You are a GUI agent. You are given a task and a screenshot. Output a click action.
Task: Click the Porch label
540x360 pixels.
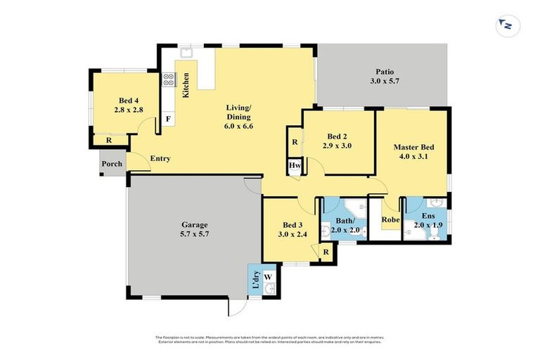(112, 164)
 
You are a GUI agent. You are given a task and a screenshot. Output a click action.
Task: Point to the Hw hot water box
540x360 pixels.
(294, 167)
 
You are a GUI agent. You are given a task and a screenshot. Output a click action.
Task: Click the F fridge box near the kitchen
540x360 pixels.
(168, 119)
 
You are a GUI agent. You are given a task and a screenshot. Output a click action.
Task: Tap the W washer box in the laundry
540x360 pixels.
(267, 277)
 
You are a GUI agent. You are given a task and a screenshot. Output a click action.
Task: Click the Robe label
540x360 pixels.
(390, 219)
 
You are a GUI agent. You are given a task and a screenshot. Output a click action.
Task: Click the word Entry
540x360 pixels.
(160, 159)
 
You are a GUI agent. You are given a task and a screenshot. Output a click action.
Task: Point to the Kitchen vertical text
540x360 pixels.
(186, 84)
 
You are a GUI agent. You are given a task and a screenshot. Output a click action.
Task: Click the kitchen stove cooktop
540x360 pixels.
(169, 79)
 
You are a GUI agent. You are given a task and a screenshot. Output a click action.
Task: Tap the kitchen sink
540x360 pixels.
(187, 51)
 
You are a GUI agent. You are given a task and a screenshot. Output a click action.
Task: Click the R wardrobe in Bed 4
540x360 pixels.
(108, 141)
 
